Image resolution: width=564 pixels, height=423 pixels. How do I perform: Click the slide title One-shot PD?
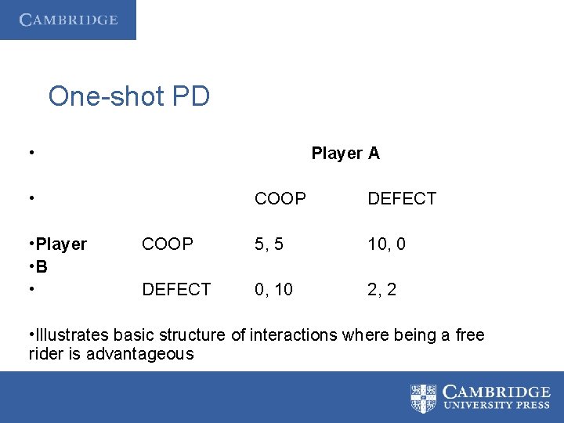coord(128,96)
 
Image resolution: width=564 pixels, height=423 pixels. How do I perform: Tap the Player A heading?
coord(345,154)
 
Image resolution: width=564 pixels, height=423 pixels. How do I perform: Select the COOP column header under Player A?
coord(280,199)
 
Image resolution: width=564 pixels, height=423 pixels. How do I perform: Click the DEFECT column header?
coord(402,199)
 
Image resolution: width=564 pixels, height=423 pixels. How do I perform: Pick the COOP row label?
coord(167,244)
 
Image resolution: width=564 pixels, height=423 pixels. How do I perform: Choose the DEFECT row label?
coord(176,290)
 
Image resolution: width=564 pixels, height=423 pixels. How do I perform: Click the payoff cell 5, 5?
coord(269,244)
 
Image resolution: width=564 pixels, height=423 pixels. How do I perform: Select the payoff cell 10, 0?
coord(386,244)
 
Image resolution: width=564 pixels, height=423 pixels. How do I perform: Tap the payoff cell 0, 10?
coord(273,290)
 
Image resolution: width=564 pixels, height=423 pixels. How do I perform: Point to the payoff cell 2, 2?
coord(381,290)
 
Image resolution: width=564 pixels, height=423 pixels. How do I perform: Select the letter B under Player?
coord(42,267)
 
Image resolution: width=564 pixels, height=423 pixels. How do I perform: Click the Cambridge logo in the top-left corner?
coord(68,20)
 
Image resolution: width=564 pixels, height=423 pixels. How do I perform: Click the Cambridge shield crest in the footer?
coord(423,398)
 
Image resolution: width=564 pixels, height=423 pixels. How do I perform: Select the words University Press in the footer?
coord(497,406)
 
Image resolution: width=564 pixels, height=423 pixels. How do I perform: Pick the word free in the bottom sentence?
coord(470,336)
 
